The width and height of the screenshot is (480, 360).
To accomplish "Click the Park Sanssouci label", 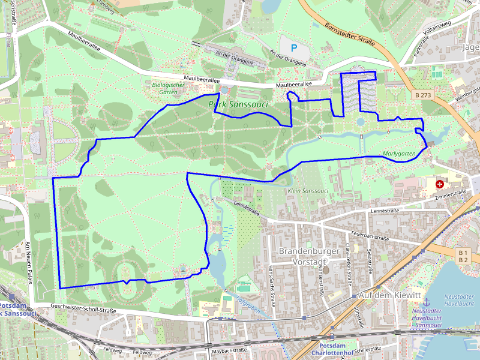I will pos(238,104).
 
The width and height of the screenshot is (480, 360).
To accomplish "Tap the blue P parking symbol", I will pos(293,47).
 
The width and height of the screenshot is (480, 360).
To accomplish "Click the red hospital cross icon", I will pos(440,182).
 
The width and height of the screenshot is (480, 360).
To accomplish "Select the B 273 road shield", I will pos(423,95).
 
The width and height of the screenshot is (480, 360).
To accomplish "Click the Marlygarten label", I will pos(399,154).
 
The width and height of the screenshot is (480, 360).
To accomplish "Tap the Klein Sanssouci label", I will pos(308,191).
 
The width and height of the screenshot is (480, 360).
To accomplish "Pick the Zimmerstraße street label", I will pos(451,194).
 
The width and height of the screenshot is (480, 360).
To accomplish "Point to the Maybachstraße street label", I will pos(230,350).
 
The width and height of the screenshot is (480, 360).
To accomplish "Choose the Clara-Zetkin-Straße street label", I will pos(348,259).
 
